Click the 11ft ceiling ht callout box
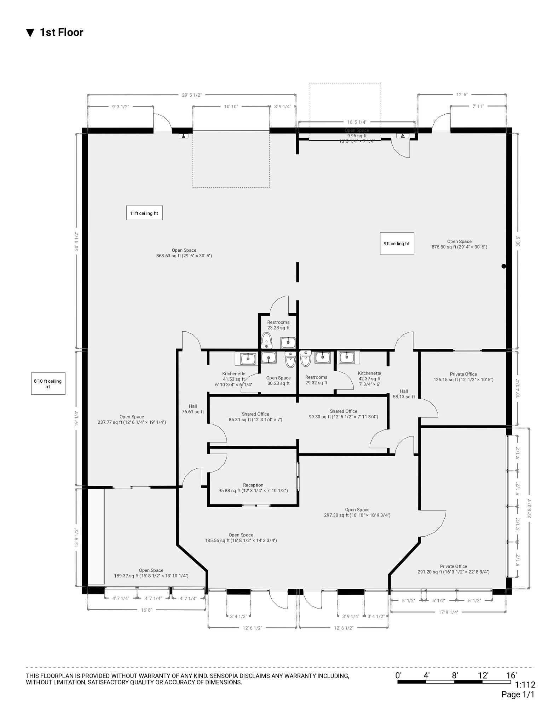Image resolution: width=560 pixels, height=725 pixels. (144, 213)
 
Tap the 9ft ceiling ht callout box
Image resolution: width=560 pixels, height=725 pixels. (397, 243)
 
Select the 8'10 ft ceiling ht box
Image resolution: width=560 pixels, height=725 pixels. (48, 384)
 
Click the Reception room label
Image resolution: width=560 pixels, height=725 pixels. (253, 488)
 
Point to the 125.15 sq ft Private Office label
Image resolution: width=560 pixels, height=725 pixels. (463, 377)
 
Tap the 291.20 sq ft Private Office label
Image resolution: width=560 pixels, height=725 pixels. (454, 569)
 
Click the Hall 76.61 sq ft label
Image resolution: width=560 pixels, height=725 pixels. (193, 409)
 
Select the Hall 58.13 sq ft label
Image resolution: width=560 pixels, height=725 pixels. (404, 394)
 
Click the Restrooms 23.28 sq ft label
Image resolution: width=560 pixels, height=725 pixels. (278, 325)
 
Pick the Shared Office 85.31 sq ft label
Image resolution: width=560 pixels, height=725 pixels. (255, 417)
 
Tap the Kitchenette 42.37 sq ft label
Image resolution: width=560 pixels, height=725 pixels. (369, 378)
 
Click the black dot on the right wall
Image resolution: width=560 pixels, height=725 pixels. (504, 266)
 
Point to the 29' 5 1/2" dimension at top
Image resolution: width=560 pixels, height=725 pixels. (192, 95)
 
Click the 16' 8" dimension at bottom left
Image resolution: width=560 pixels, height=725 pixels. (146, 610)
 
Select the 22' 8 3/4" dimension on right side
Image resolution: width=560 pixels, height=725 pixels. (529, 509)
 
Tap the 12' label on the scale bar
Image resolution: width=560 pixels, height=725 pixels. (483, 675)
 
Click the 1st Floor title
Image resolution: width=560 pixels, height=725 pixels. (62, 32)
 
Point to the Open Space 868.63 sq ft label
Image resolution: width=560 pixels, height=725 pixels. (184, 253)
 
